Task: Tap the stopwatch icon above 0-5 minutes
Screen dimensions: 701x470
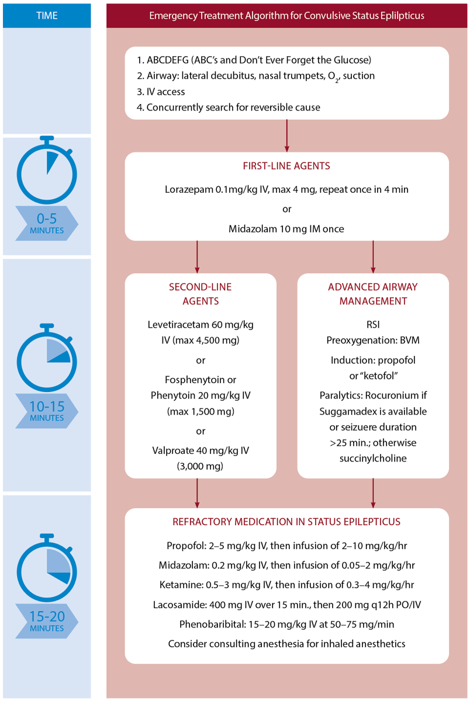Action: point(46,169)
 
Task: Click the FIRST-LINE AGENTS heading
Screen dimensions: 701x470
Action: point(286,166)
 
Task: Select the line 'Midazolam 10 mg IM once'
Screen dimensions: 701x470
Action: point(286,230)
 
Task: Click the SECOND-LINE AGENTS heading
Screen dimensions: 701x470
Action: point(201,294)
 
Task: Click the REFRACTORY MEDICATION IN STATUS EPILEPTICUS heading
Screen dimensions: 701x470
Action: point(286,522)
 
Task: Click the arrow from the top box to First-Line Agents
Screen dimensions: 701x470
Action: point(286,135)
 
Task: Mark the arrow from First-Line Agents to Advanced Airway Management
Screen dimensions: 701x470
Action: point(374,256)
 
